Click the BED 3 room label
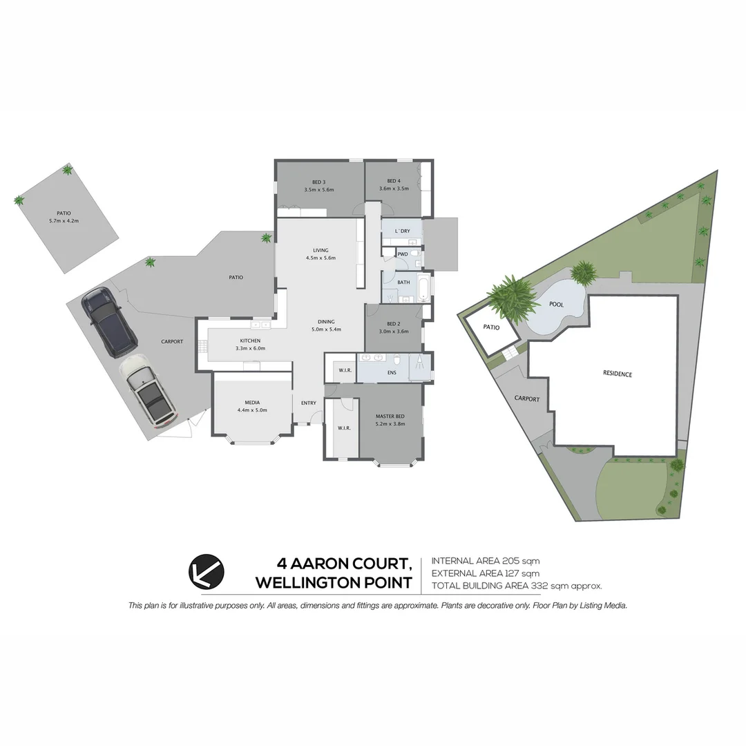(318, 182)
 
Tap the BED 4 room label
(394, 181)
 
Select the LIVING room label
(321, 250)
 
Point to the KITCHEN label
(249, 341)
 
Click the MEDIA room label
(251, 402)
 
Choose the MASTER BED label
(390, 416)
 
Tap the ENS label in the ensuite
(392, 372)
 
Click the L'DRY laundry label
(402, 230)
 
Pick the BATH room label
(403, 282)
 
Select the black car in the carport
(109, 323)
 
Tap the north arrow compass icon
(206, 572)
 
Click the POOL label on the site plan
(555, 304)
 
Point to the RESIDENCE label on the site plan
(618, 374)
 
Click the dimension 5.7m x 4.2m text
(64, 221)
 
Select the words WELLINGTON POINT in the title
(334, 583)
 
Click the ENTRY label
(308, 403)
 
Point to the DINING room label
(326, 322)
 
